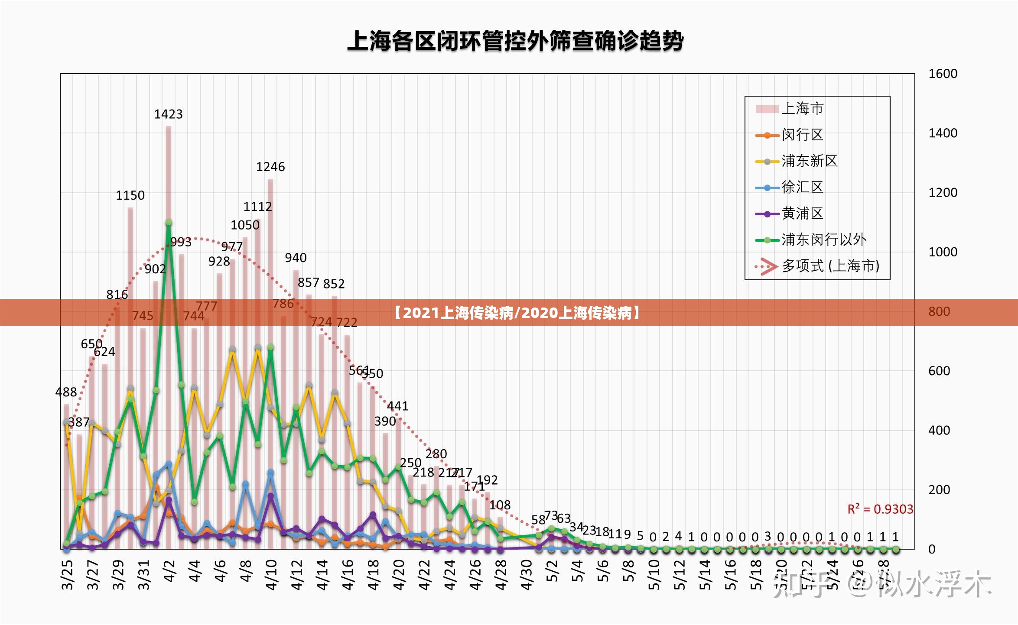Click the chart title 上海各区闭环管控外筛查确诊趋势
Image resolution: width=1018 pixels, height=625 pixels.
[x=515, y=42]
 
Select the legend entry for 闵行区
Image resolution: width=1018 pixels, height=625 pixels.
[x=802, y=135]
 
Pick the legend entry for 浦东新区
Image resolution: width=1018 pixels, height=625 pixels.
[x=809, y=161]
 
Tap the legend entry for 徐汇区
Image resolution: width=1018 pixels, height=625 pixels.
[x=802, y=188]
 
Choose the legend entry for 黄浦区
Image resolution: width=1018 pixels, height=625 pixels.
[x=802, y=214]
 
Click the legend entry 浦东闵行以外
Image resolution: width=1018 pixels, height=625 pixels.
[x=823, y=240]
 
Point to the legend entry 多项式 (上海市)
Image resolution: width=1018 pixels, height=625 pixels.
[x=830, y=266]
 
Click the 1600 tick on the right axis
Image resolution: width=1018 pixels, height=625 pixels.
[x=943, y=74]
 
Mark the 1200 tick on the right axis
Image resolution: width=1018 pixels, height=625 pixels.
[x=943, y=193]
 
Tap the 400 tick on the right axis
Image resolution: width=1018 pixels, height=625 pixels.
[x=939, y=431]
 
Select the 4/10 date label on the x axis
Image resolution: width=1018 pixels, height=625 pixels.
[x=271, y=575]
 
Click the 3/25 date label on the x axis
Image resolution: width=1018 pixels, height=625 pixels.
[x=67, y=575]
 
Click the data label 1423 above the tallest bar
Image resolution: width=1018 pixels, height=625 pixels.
[x=168, y=114]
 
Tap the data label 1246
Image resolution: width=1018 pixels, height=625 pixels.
[x=270, y=167]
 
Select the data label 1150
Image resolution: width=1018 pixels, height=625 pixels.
[x=130, y=195]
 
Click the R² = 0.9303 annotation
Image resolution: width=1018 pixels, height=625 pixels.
[x=880, y=509]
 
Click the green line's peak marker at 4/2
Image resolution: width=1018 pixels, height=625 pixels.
[x=169, y=223]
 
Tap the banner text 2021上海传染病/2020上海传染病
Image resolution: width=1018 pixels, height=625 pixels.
[x=517, y=313]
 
